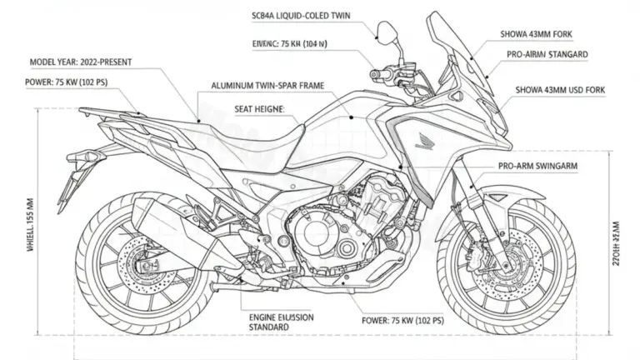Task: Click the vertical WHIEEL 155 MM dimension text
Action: pyautogui.click(x=31, y=222)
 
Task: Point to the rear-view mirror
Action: pyautogui.click(x=385, y=32)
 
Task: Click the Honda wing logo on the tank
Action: pyautogui.click(x=424, y=134)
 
